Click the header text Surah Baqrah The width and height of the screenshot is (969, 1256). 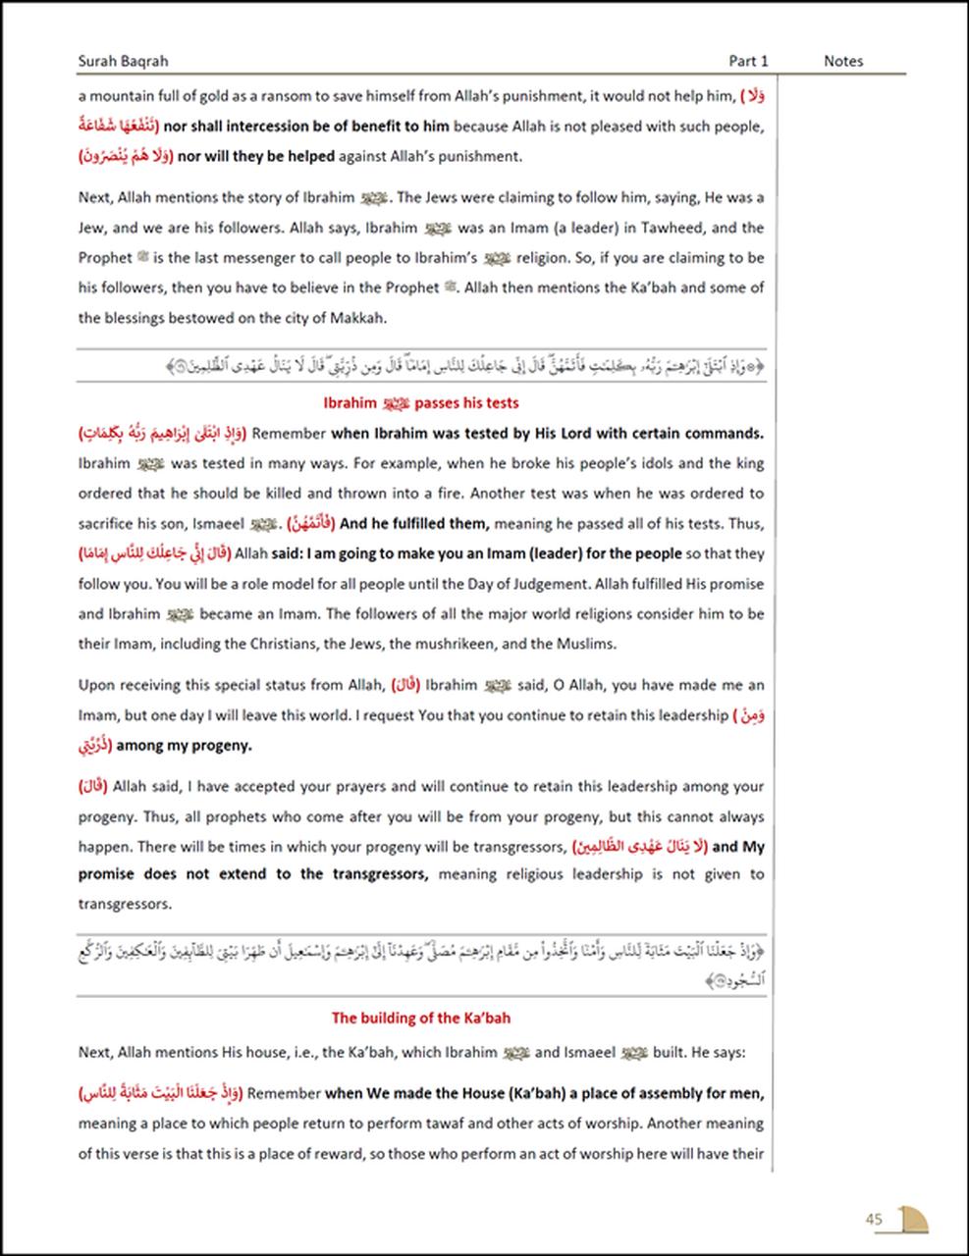tap(123, 61)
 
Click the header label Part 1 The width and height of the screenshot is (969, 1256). tap(748, 61)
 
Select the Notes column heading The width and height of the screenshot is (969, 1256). tap(842, 61)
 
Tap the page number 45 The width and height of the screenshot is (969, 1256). tap(874, 1220)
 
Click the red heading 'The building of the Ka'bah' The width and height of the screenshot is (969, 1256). tap(420, 1019)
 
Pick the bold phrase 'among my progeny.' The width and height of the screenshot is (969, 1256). tap(184, 746)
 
